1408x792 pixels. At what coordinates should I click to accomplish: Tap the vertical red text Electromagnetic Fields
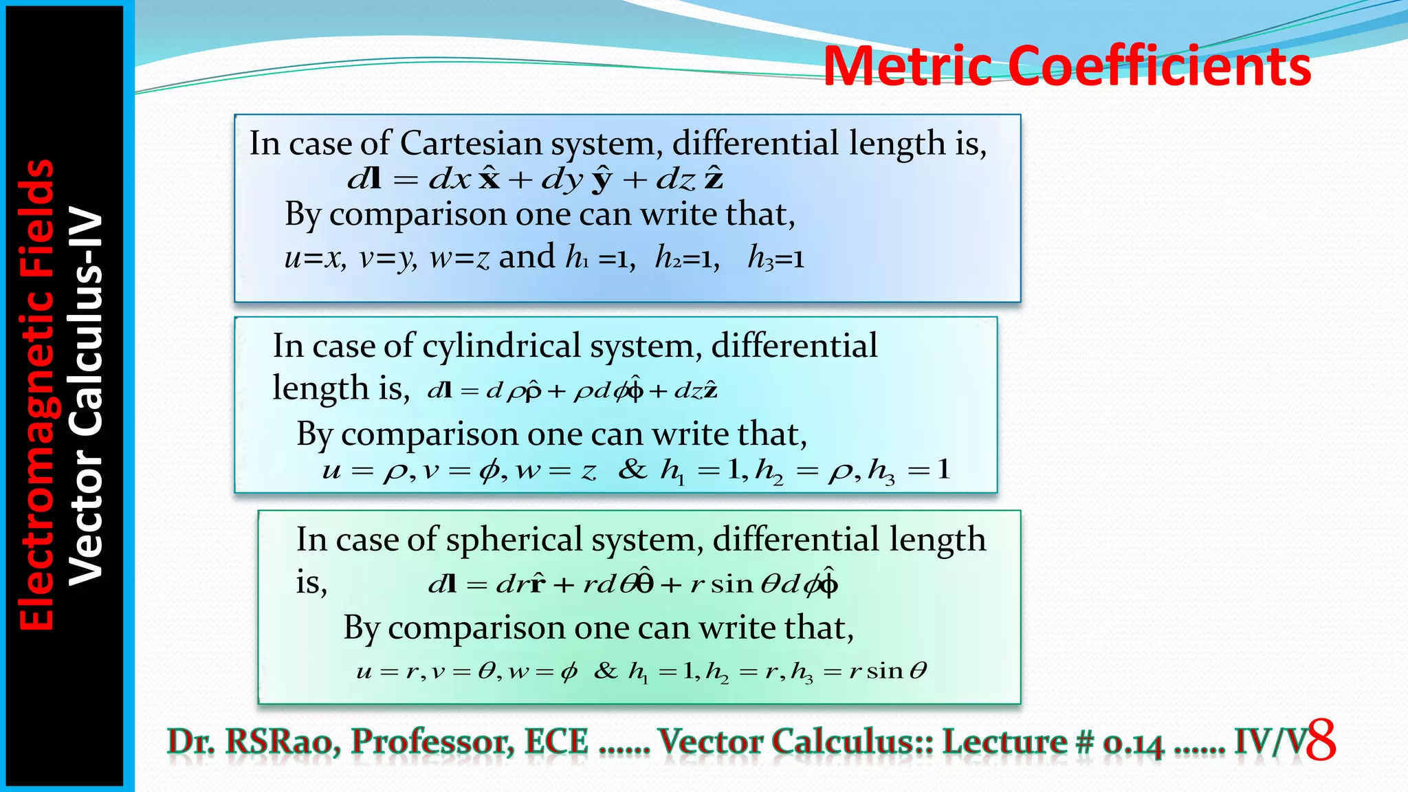click(x=36, y=395)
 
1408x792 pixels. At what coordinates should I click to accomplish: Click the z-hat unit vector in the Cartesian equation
click(x=714, y=178)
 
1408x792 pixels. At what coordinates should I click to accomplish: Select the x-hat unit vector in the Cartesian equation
click(x=489, y=178)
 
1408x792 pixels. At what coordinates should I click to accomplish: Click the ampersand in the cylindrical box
click(x=632, y=470)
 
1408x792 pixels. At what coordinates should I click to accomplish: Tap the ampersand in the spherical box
click(x=606, y=670)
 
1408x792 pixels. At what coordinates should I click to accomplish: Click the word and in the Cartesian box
click(x=527, y=257)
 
